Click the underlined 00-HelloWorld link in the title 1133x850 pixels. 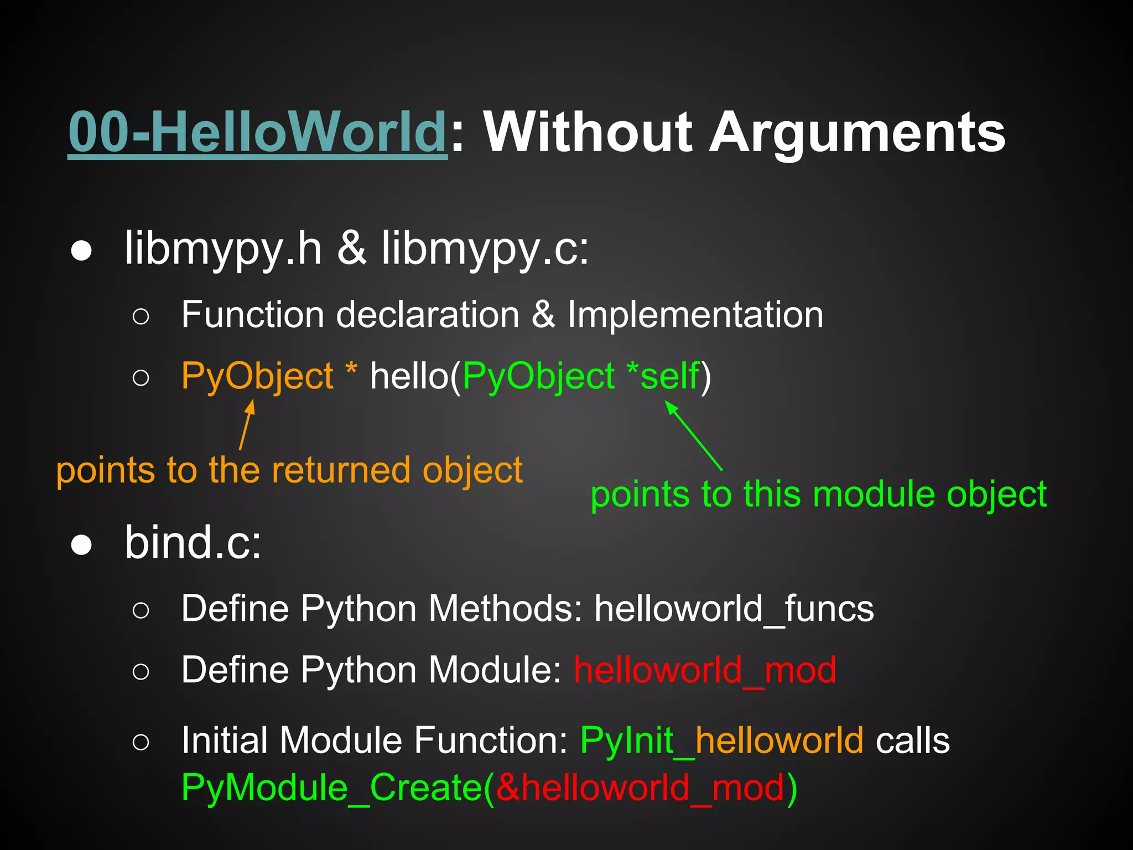tap(257, 133)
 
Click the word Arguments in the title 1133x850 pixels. tap(857, 133)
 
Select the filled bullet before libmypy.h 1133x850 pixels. tap(81, 251)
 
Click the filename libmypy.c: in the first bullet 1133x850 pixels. tap(485, 249)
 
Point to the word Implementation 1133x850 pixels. tap(695, 315)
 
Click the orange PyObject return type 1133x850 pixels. tap(257, 377)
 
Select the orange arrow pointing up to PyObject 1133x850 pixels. tap(247, 425)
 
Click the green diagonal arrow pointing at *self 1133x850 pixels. tap(694, 436)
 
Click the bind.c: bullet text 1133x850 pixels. tap(193, 543)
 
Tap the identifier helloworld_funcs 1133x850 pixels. tap(734, 609)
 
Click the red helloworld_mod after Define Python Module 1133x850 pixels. tap(704, 670)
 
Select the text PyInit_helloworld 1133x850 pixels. tap(721, 741)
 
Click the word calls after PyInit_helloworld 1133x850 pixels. tap(912, 741)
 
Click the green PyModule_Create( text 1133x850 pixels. tap(337, 787)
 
